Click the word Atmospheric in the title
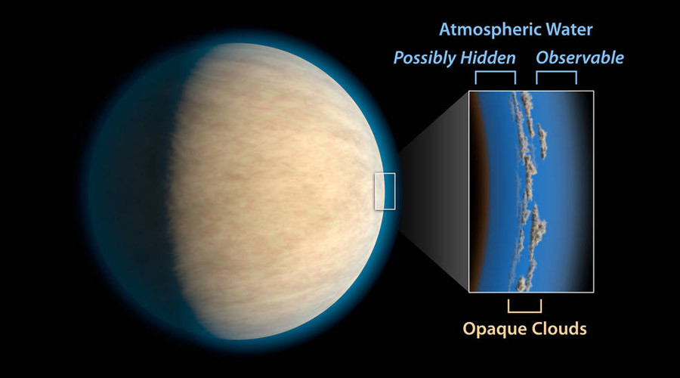click(x=490, y=30)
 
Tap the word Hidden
click(x=488, y=57)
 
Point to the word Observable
click(x=580, y=57)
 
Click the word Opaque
click(x=494, y=329)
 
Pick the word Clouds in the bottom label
click(x=559, y=328)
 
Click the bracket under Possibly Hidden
click(x=495, y=72)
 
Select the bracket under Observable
click(x=556, y=72)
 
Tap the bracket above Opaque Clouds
click(x=525, y=311)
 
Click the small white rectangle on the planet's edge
click(x=385, y=173)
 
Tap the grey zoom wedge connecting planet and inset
click(x=434, y=191)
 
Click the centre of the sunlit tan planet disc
click(x=277, y=191)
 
